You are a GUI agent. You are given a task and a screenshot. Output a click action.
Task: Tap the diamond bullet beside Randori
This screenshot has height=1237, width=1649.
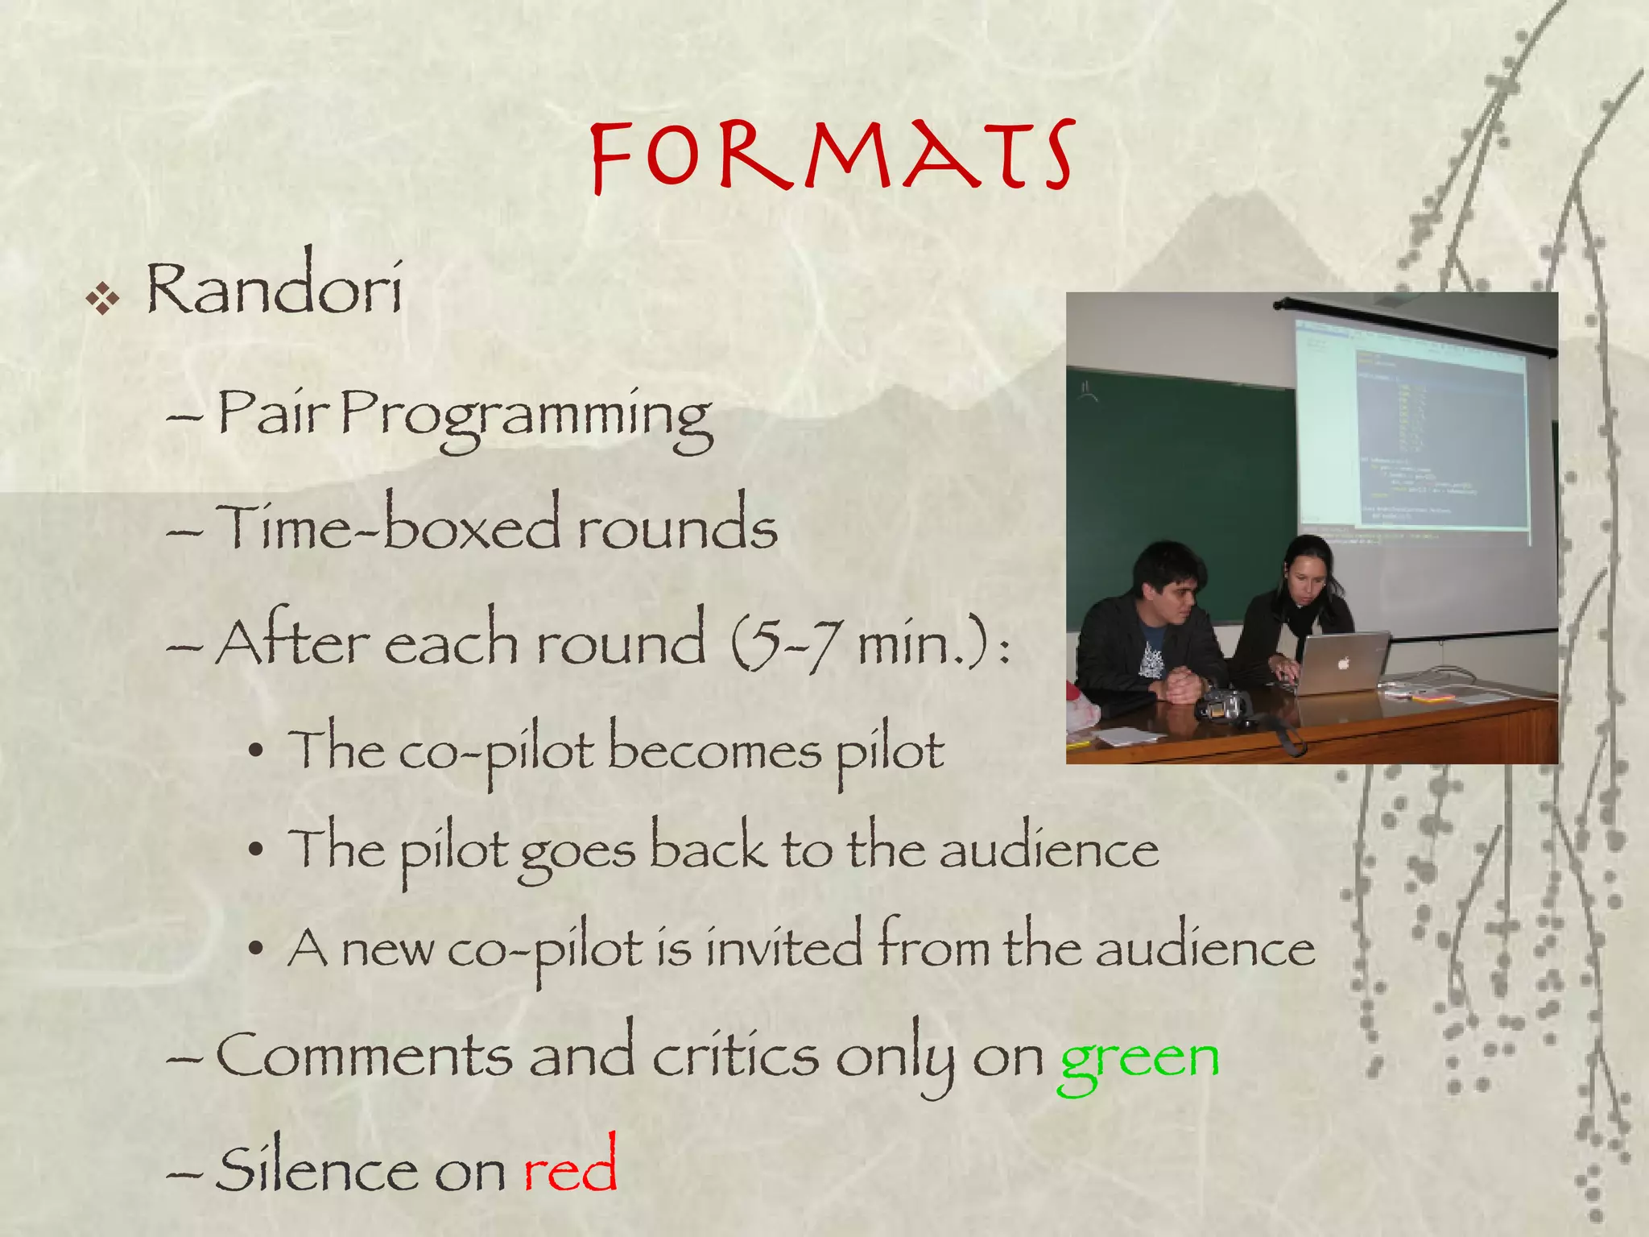point(103,300)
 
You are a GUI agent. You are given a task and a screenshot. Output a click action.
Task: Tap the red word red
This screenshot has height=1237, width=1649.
point(570,1168)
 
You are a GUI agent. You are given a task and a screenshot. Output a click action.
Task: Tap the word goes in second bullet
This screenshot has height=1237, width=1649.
point(577,852)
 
